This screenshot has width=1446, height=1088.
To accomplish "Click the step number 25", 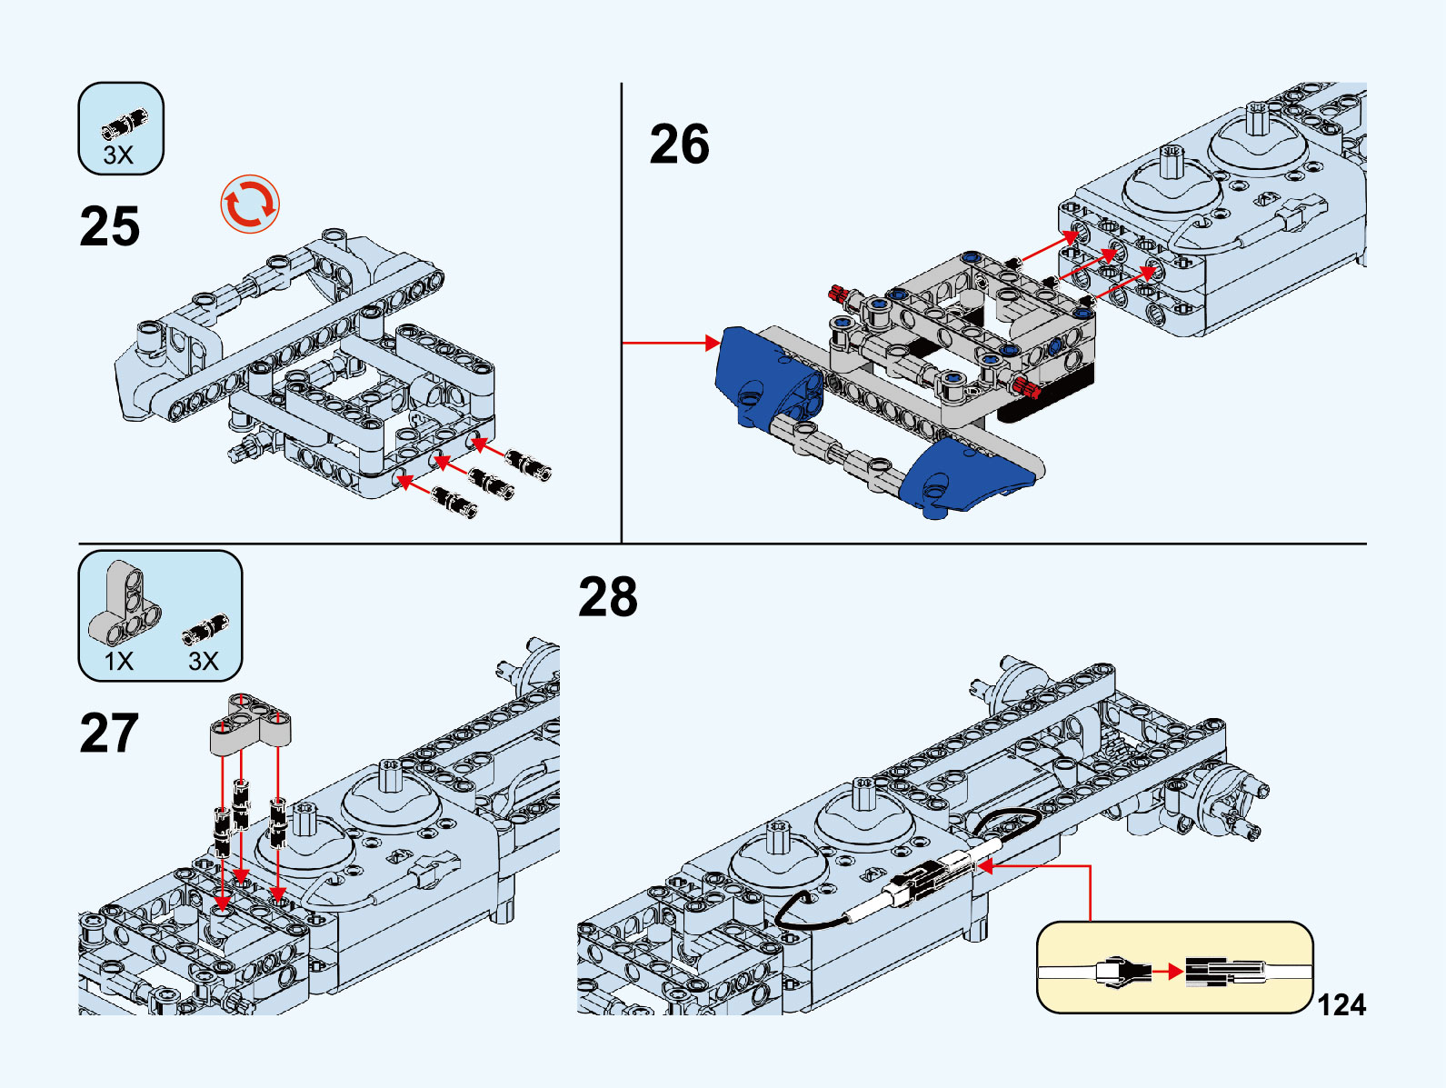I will (110, 226).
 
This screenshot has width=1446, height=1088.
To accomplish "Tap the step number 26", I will (679, 145).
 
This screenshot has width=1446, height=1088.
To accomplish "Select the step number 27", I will (109, 734).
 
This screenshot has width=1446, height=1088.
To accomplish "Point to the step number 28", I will (608, 597).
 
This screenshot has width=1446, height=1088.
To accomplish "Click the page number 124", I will (1341, 1005).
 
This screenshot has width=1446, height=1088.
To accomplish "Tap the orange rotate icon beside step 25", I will (250, 204).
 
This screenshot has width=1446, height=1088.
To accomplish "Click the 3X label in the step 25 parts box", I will (118, 155).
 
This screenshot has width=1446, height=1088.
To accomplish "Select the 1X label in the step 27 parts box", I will (119, 661).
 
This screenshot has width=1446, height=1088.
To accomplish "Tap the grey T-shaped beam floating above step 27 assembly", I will (251, 723).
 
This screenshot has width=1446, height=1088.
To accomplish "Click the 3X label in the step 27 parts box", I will (204, 661).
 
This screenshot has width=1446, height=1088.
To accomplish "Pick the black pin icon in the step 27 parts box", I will (205, 628).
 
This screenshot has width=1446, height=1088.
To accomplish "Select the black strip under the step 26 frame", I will (1045, 401).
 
